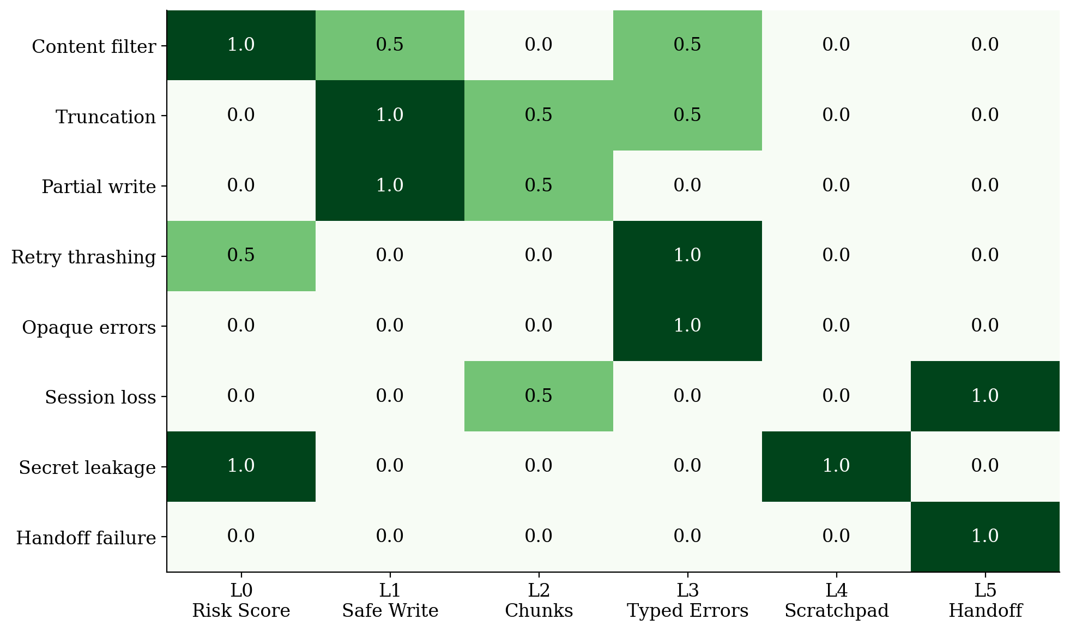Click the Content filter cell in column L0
[x=241, y=45]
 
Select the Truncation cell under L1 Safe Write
[x=390, y=115]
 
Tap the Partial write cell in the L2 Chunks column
[x=539, y=185]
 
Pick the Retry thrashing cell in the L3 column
[x=687, y=255]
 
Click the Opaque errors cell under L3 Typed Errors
[x=687, y=326]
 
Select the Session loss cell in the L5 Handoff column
[x=985, y=396]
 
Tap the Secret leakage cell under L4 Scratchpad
[x=836, y=466]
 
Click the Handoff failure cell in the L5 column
[x=985, y=536]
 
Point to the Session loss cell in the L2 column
[x=539, y=396]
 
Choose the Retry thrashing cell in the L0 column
[x=241, y=255]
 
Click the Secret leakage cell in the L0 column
[x=241, y=466]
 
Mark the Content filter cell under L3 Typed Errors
[x=687, y=45]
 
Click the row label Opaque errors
[x=89, y=327]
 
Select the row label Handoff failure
[x=86, y=538]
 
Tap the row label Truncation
[x=106, y=117]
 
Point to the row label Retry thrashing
[x=83, y=257]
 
